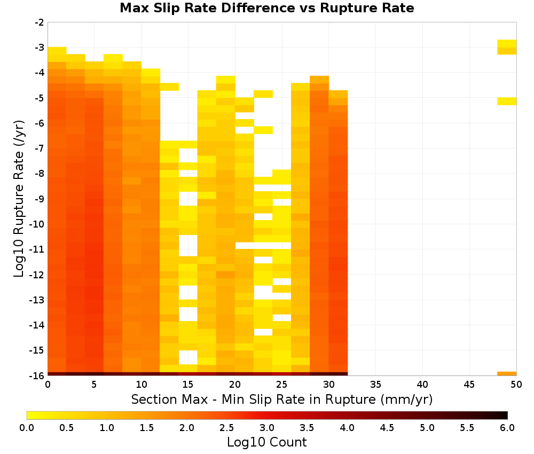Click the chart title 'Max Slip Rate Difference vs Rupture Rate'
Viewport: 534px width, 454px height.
click(266, 8)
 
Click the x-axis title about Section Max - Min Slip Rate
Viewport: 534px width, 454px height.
click(281, 399)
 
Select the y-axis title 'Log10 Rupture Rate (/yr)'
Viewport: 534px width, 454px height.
click(19, 199)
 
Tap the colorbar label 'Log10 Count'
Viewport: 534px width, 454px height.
click(266, 442)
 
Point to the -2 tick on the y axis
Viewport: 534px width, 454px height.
click(40, 22)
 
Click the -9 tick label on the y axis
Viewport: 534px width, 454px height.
click(40, 199)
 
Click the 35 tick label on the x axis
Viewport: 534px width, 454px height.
click(375, 385)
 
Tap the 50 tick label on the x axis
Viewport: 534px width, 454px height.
click(516, 385)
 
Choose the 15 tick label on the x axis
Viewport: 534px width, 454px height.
click(187, 385)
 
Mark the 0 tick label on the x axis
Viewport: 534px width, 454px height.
click(48, 385)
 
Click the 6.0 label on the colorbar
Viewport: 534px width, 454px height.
click(507, 428)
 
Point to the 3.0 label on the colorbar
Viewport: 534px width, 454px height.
click(267, 428)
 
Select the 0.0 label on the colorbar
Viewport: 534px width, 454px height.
click(27, 428)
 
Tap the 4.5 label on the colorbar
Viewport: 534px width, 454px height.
click(387, 428)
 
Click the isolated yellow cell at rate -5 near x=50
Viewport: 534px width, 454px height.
click(507, 101)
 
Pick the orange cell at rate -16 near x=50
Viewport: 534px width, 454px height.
click(507, 374)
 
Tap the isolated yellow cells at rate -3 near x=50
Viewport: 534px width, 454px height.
click(507, 47)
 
